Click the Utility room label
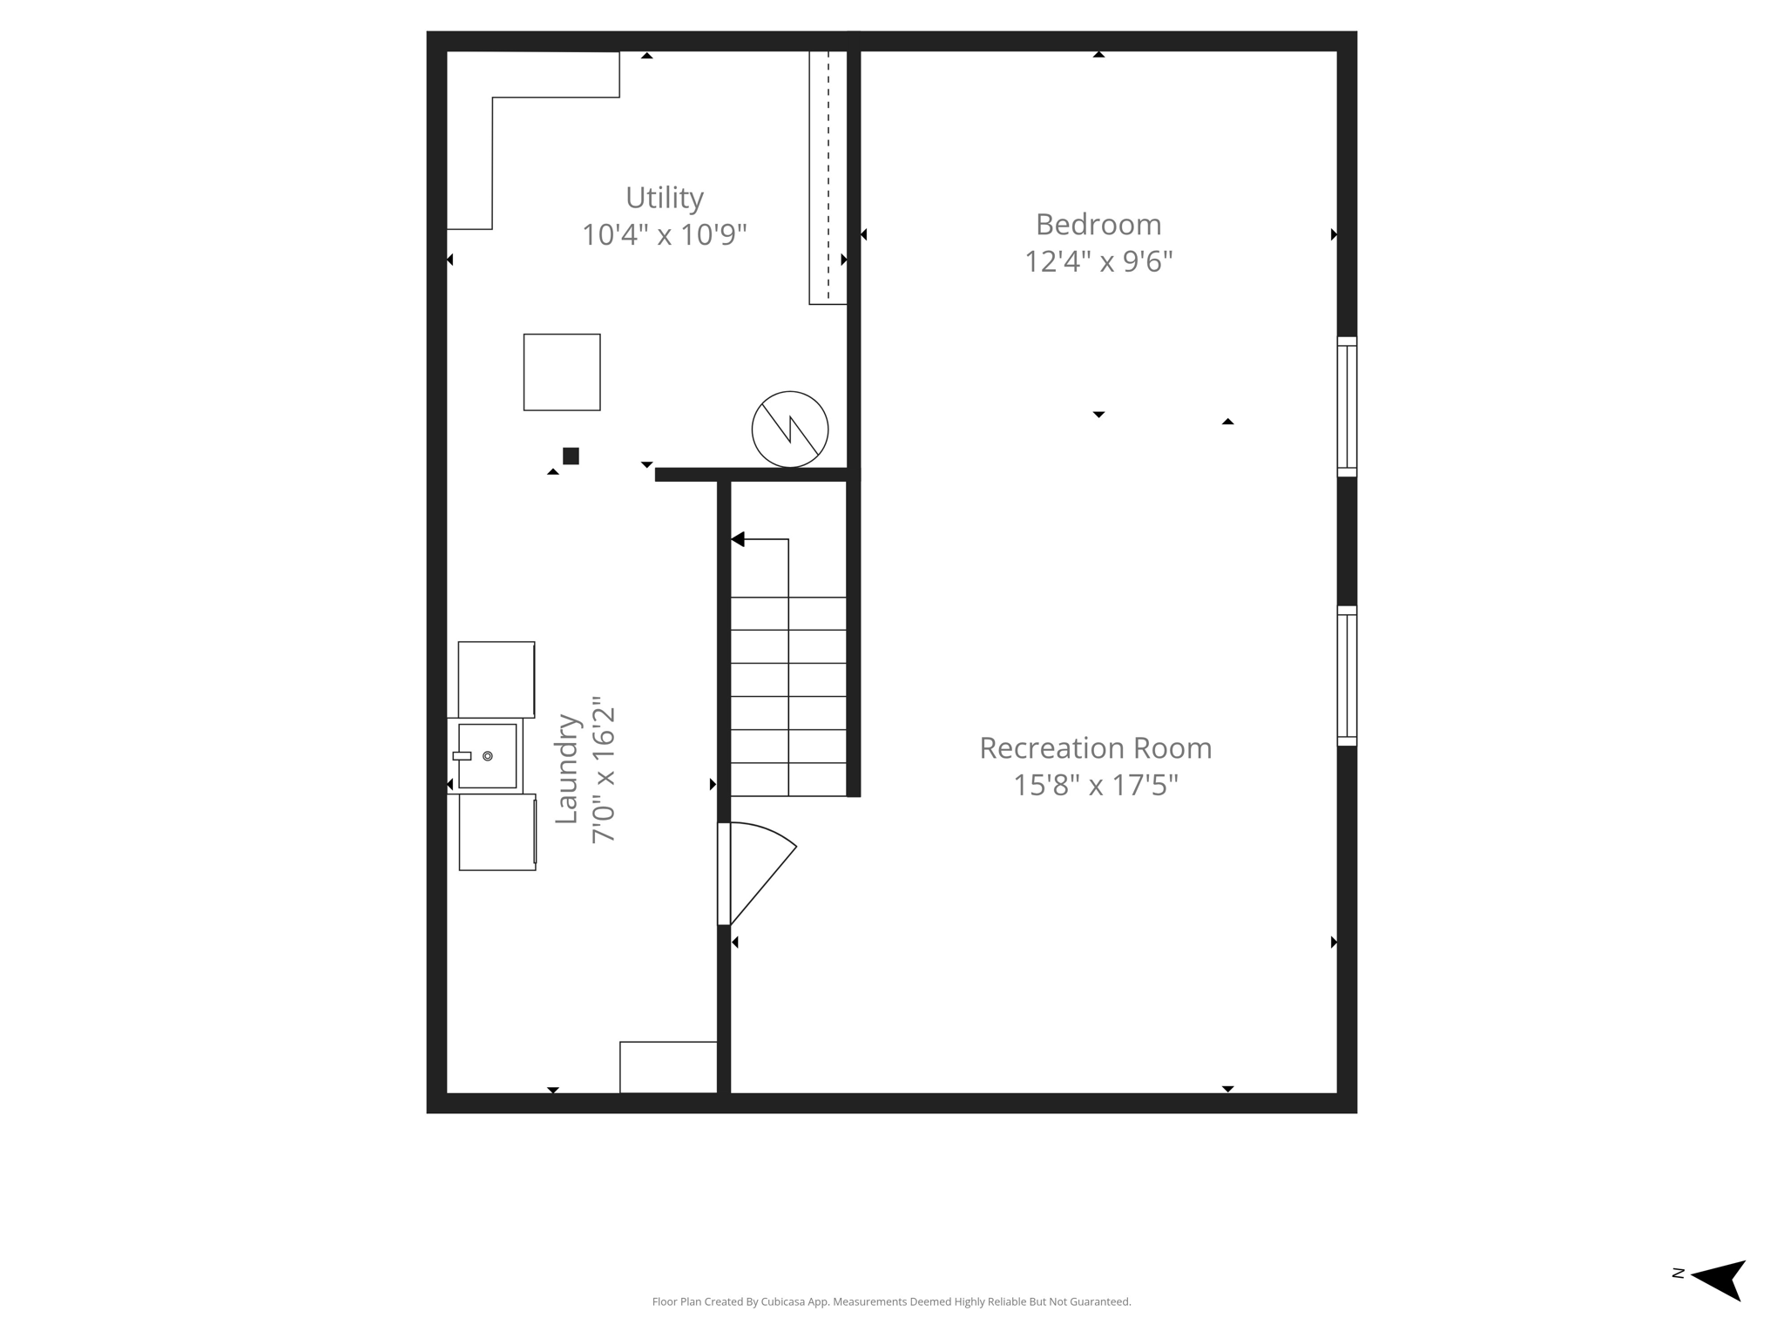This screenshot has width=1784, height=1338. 664,199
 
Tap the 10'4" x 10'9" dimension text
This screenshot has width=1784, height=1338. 664,235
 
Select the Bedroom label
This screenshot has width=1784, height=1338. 1098,225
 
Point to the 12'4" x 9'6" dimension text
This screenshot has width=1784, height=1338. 1098,261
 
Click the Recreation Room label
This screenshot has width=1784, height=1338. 1095,748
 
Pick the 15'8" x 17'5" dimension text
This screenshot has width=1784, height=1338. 1095,785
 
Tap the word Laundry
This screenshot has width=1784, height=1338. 567,768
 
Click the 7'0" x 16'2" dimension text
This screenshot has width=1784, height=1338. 604,768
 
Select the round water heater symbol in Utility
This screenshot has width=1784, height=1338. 790,429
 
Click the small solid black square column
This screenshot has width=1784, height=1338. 571,456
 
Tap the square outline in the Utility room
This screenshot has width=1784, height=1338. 562,372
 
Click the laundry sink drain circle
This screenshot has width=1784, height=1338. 488,756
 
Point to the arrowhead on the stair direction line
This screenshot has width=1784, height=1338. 738,540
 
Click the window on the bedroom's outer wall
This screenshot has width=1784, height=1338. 1347,407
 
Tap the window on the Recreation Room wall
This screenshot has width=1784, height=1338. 1347,676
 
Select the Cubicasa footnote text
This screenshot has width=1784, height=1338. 891,1301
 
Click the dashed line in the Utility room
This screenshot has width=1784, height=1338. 828,174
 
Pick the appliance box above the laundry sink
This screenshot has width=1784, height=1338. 497,679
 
